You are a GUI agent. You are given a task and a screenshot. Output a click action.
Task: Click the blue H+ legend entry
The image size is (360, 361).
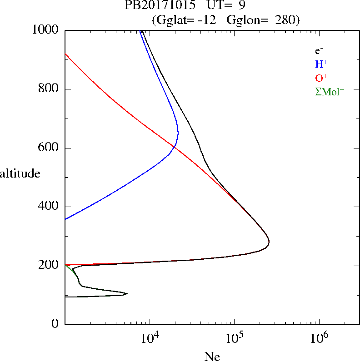(321, 64)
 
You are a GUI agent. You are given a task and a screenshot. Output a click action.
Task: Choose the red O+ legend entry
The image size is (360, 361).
(321, 78)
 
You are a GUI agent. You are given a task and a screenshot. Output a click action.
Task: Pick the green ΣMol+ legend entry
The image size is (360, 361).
(330, 91)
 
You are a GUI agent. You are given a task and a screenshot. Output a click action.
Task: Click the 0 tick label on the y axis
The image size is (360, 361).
(55, 324)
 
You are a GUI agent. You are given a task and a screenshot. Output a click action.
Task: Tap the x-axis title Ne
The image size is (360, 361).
(212, 356)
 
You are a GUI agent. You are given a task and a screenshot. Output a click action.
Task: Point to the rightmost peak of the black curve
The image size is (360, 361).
(269, 242)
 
